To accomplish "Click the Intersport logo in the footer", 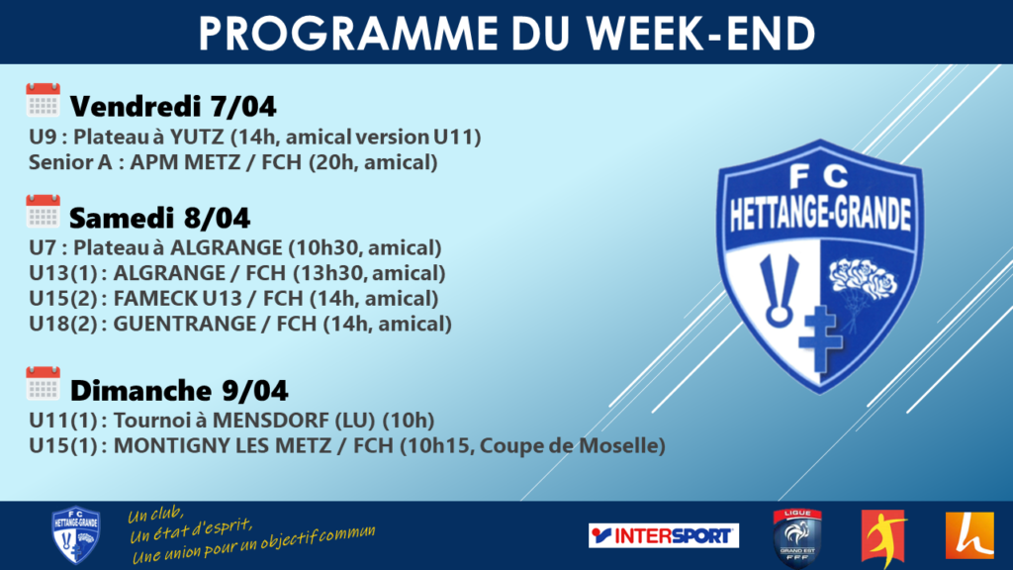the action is tap(664, 535).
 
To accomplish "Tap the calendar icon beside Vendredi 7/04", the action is tap(44, 100).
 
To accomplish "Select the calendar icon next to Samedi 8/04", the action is tap(44, 212).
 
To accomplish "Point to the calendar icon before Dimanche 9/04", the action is tap(44, 383).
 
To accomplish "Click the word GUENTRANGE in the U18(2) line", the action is tap(183, 324).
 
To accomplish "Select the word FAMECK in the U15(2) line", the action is tap(155, 299).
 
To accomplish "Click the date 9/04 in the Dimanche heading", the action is tap(255, 390).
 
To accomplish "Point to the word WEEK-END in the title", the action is tap(701, 33).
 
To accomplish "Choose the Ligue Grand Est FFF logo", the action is tap(797, 537).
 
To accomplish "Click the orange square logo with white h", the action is tap(969, 535).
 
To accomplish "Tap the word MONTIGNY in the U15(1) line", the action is tap(171, 446).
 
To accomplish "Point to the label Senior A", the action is tap(70, 162).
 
